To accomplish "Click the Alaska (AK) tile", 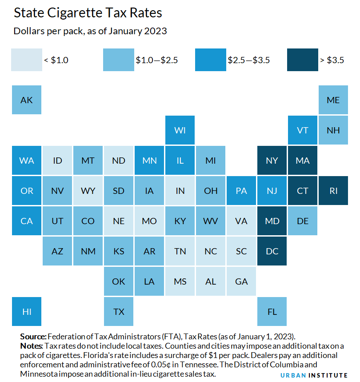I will [x=27, y=100].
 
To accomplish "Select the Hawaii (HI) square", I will [x=27, y=311].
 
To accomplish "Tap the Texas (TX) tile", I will [x=119, y=311].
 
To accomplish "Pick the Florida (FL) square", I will [x=272, y=311].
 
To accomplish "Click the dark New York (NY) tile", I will [x=272, y=160].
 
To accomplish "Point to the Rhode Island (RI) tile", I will [x=333, y=190].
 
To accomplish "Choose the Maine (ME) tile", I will [x=333, y=100].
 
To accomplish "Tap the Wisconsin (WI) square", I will [x=180, y=130].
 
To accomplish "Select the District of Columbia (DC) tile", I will [x=272, y=251].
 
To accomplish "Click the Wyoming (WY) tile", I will [x=88, y=190].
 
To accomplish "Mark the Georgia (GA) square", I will [x=241, y=281].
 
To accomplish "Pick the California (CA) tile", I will [x=27, y=221].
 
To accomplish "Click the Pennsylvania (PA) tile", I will [x=241, y=190].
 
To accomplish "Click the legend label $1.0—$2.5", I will [x=156, y=60].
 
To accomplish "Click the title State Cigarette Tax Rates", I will [x=88, y=13].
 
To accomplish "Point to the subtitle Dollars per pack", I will [x=90, y=32].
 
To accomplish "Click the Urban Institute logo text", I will [x=314, y=375].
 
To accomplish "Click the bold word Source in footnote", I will [x=33, y=336].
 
